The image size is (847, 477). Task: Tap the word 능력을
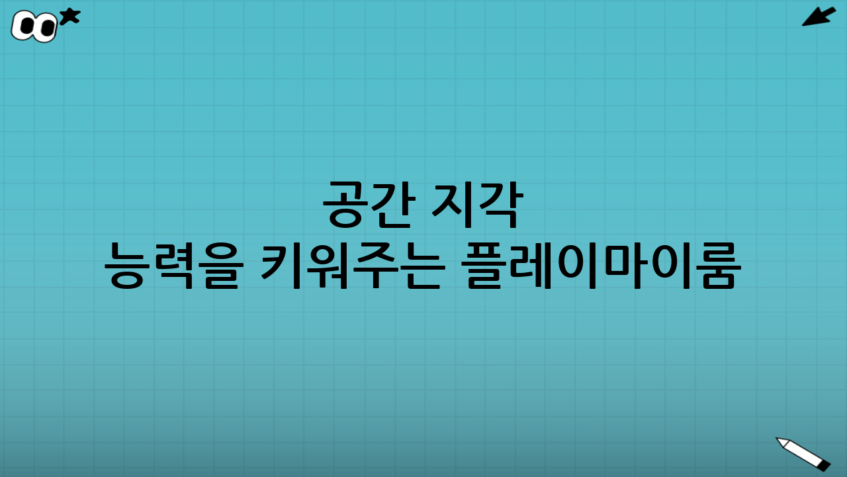point(171,265)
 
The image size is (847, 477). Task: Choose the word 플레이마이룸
point(601,265)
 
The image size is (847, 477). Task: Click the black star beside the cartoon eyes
point(69,17)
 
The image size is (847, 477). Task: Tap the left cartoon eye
point(25,26)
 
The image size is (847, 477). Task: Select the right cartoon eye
point(45,28)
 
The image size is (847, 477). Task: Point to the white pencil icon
point(803,453)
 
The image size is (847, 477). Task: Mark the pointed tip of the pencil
point(779,440)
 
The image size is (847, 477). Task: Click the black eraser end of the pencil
point(824,466)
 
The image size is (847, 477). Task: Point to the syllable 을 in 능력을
point(215,265)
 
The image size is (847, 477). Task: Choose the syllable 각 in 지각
point(501,204)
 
